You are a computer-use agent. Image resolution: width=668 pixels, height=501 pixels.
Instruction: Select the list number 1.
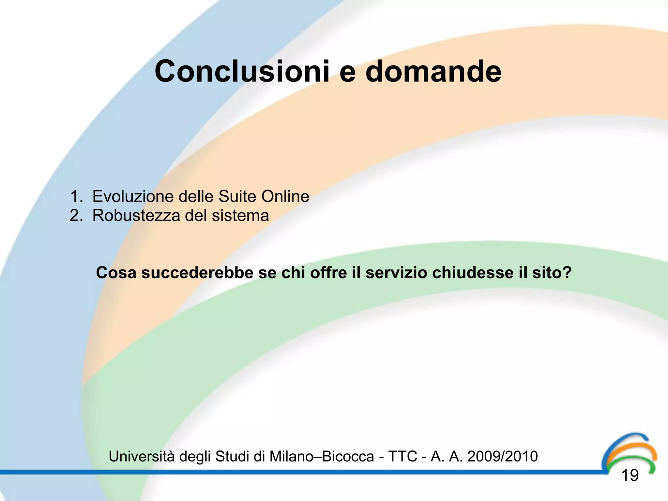coord(76,197)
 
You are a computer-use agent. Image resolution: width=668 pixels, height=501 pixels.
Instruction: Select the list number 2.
coord(76,216)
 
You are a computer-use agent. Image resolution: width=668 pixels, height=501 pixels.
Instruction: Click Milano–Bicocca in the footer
coord(321,456)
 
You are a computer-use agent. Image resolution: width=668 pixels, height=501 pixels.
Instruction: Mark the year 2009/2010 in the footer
coord(502,456)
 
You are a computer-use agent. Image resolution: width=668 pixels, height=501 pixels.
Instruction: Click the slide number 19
coord(630,476)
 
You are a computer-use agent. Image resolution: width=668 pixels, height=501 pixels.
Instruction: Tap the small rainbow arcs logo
coord(629,452)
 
